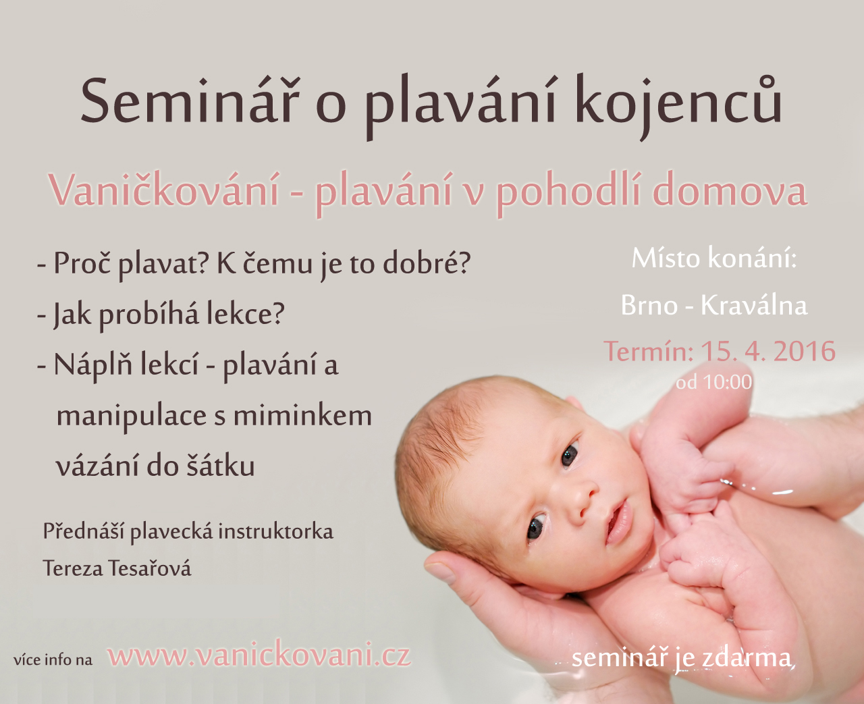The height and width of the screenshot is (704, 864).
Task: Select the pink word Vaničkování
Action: (x=165, y=190)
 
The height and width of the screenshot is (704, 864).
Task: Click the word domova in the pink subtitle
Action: (x=730, y=190)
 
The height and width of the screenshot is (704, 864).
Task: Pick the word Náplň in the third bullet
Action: (x=93, y=364)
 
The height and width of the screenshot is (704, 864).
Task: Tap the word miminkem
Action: (x=302, y=416)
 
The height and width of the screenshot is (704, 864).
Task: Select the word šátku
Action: (x=220, y=466)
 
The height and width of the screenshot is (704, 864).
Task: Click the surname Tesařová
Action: (x=150, y=568)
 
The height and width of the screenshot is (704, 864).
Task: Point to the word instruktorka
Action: (x=275, y=532)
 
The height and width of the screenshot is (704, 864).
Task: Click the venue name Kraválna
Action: (x=754, y=304)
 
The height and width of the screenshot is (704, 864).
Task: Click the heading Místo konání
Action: (x=714, y=258)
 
